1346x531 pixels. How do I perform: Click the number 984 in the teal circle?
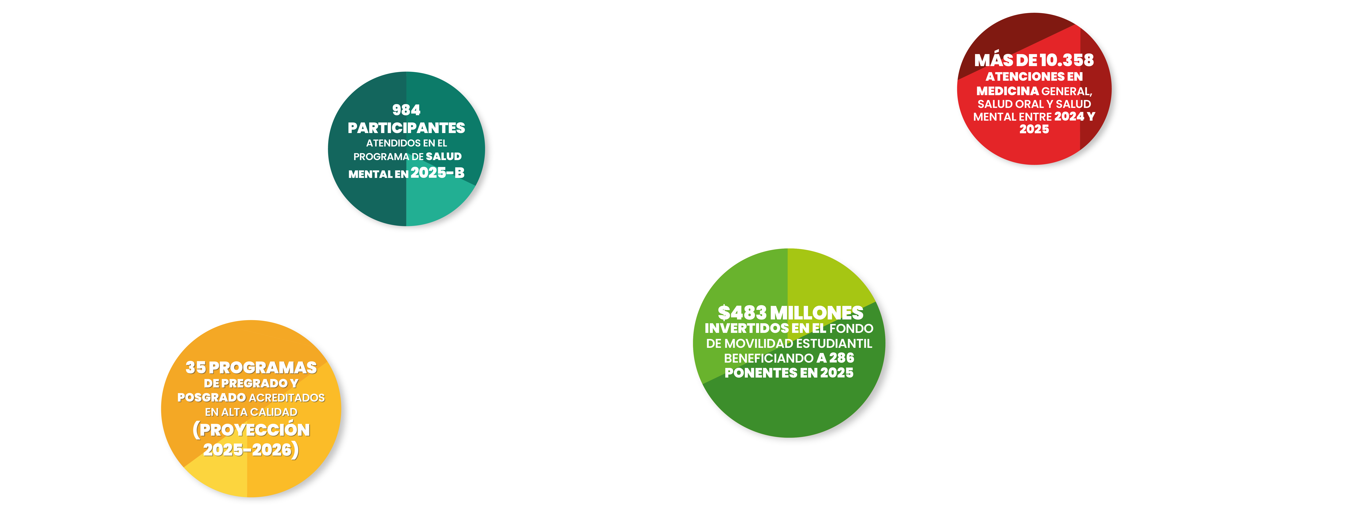(x=406, y=110)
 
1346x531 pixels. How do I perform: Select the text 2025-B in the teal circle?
(x=437, y=173)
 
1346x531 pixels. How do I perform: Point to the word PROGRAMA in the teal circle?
(x=381, y=157)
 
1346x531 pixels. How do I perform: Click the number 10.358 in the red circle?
(x=1066, y=60)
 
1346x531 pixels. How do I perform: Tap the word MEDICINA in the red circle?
(x=1007, y=91)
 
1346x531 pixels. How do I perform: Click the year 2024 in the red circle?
(x=1069, y=116)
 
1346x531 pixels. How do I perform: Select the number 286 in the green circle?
(x=841, y=358)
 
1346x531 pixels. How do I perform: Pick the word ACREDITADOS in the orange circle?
(x=287, y=398)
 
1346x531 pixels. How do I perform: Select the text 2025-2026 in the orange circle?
(x=247, y=450)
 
